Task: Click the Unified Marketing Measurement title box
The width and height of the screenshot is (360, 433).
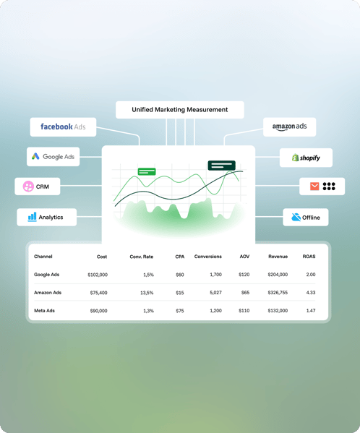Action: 180,110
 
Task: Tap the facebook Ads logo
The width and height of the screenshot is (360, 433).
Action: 63,127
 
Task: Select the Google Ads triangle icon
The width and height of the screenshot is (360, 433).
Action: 35,156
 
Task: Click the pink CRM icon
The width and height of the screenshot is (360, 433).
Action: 28,187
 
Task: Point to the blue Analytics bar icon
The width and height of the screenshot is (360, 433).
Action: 32,217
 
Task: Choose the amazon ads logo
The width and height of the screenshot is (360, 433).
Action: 289,127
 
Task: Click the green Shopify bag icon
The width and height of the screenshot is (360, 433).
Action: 296,158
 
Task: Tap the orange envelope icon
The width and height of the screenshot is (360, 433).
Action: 314,186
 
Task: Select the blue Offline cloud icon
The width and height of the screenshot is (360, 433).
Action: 296,217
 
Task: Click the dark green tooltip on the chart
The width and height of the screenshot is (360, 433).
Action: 222,166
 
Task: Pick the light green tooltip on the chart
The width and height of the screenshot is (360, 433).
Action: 147,171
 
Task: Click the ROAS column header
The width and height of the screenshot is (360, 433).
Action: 309,257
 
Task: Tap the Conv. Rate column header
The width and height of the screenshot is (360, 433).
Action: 142,257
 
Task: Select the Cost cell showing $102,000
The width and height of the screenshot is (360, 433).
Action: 98,275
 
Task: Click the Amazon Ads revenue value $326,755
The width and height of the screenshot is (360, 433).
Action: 278,293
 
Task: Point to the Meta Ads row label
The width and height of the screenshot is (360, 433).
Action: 44,311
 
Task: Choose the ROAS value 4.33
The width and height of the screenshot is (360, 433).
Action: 311,293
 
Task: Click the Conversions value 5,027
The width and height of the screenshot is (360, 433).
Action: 215,293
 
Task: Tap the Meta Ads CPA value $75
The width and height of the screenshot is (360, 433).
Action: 180,311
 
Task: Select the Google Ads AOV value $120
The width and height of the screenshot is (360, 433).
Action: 244,275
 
